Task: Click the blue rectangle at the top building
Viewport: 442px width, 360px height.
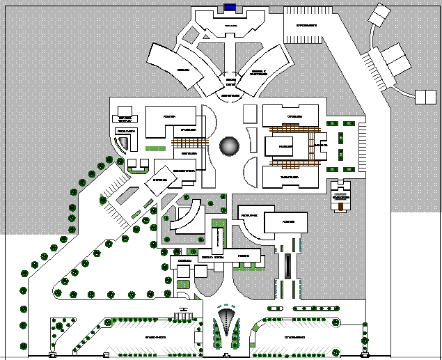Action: click(230, 8)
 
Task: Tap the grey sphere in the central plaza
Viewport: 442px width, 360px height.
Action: click(230, 146)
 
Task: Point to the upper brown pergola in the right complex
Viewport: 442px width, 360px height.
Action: click(290, 129)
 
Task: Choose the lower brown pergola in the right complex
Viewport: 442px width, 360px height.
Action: click(290, 164)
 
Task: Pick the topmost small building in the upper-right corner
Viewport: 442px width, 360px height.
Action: click(381, 14)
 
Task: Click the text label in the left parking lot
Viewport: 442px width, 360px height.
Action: click(155, 337)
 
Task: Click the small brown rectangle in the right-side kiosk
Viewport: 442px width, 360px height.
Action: click(340, 197)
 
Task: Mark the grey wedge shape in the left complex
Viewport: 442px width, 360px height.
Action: click(123, 143)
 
